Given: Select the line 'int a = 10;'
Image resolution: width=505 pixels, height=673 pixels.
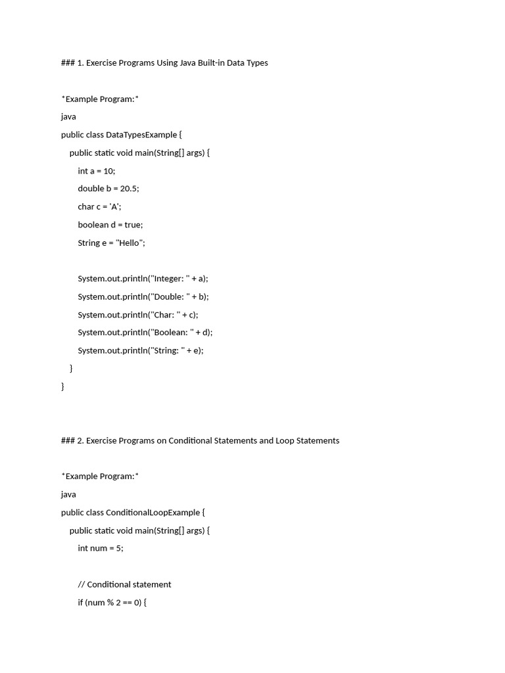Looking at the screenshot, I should point(96,171).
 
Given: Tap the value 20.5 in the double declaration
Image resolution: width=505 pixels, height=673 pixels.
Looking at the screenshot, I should point(128,189).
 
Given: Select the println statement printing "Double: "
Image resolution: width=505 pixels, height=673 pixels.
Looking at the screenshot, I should point(143,296).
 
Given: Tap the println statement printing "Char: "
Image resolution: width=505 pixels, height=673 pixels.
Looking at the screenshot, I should point(137,315).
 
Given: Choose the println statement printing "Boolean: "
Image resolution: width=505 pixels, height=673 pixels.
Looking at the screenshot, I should point(145,333).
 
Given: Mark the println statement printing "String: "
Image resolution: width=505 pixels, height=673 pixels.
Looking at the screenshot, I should point(141,350).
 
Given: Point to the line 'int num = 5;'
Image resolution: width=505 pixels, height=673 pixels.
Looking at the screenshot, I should point(100,548).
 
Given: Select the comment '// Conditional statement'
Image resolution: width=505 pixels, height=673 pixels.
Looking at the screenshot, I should point(124,584).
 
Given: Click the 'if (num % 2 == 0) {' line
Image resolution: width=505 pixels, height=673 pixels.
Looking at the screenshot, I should point(112,602).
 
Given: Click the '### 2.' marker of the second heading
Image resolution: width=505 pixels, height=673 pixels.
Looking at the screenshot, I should point(72,440).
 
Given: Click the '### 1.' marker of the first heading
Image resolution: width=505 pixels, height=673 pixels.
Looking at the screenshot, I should point(72,63).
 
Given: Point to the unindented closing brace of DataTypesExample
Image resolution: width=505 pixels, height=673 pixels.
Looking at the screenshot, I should point(63,386).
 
